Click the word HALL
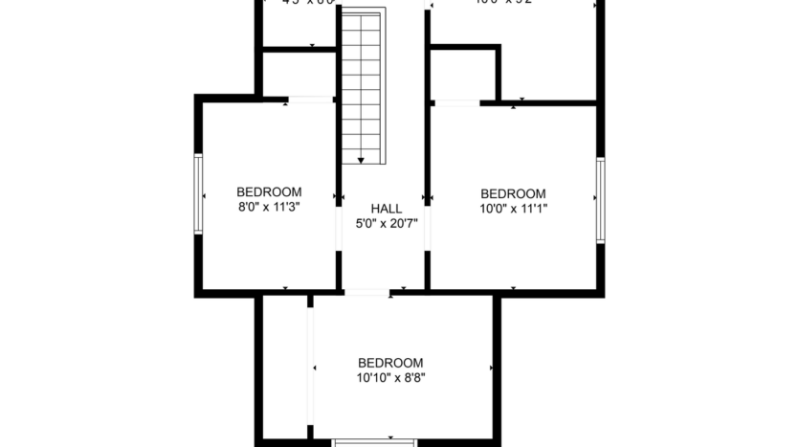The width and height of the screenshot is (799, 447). point(386,210)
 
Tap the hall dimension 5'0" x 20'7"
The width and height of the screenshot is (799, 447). point(386,225)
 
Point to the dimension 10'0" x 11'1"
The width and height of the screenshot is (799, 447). point(513,208)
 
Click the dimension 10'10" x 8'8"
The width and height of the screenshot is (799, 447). point(390,378)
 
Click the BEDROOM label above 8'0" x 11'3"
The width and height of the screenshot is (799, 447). point(269,191)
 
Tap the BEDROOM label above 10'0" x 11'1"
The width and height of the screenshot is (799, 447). point(513,192)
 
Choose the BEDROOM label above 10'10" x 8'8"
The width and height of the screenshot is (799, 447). point(390,363)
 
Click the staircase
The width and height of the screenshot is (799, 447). point(363,86)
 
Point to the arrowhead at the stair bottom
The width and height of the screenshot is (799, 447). point(363,159)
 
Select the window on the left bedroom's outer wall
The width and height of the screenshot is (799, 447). point(198,193)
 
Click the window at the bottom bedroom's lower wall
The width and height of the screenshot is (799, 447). point(374,442)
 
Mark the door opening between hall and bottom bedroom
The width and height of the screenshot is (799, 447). point(367,292)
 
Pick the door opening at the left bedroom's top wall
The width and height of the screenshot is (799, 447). point(310,99)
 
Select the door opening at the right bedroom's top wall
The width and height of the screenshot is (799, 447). point(456,101)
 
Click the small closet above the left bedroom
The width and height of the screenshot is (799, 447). point(297,74)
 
